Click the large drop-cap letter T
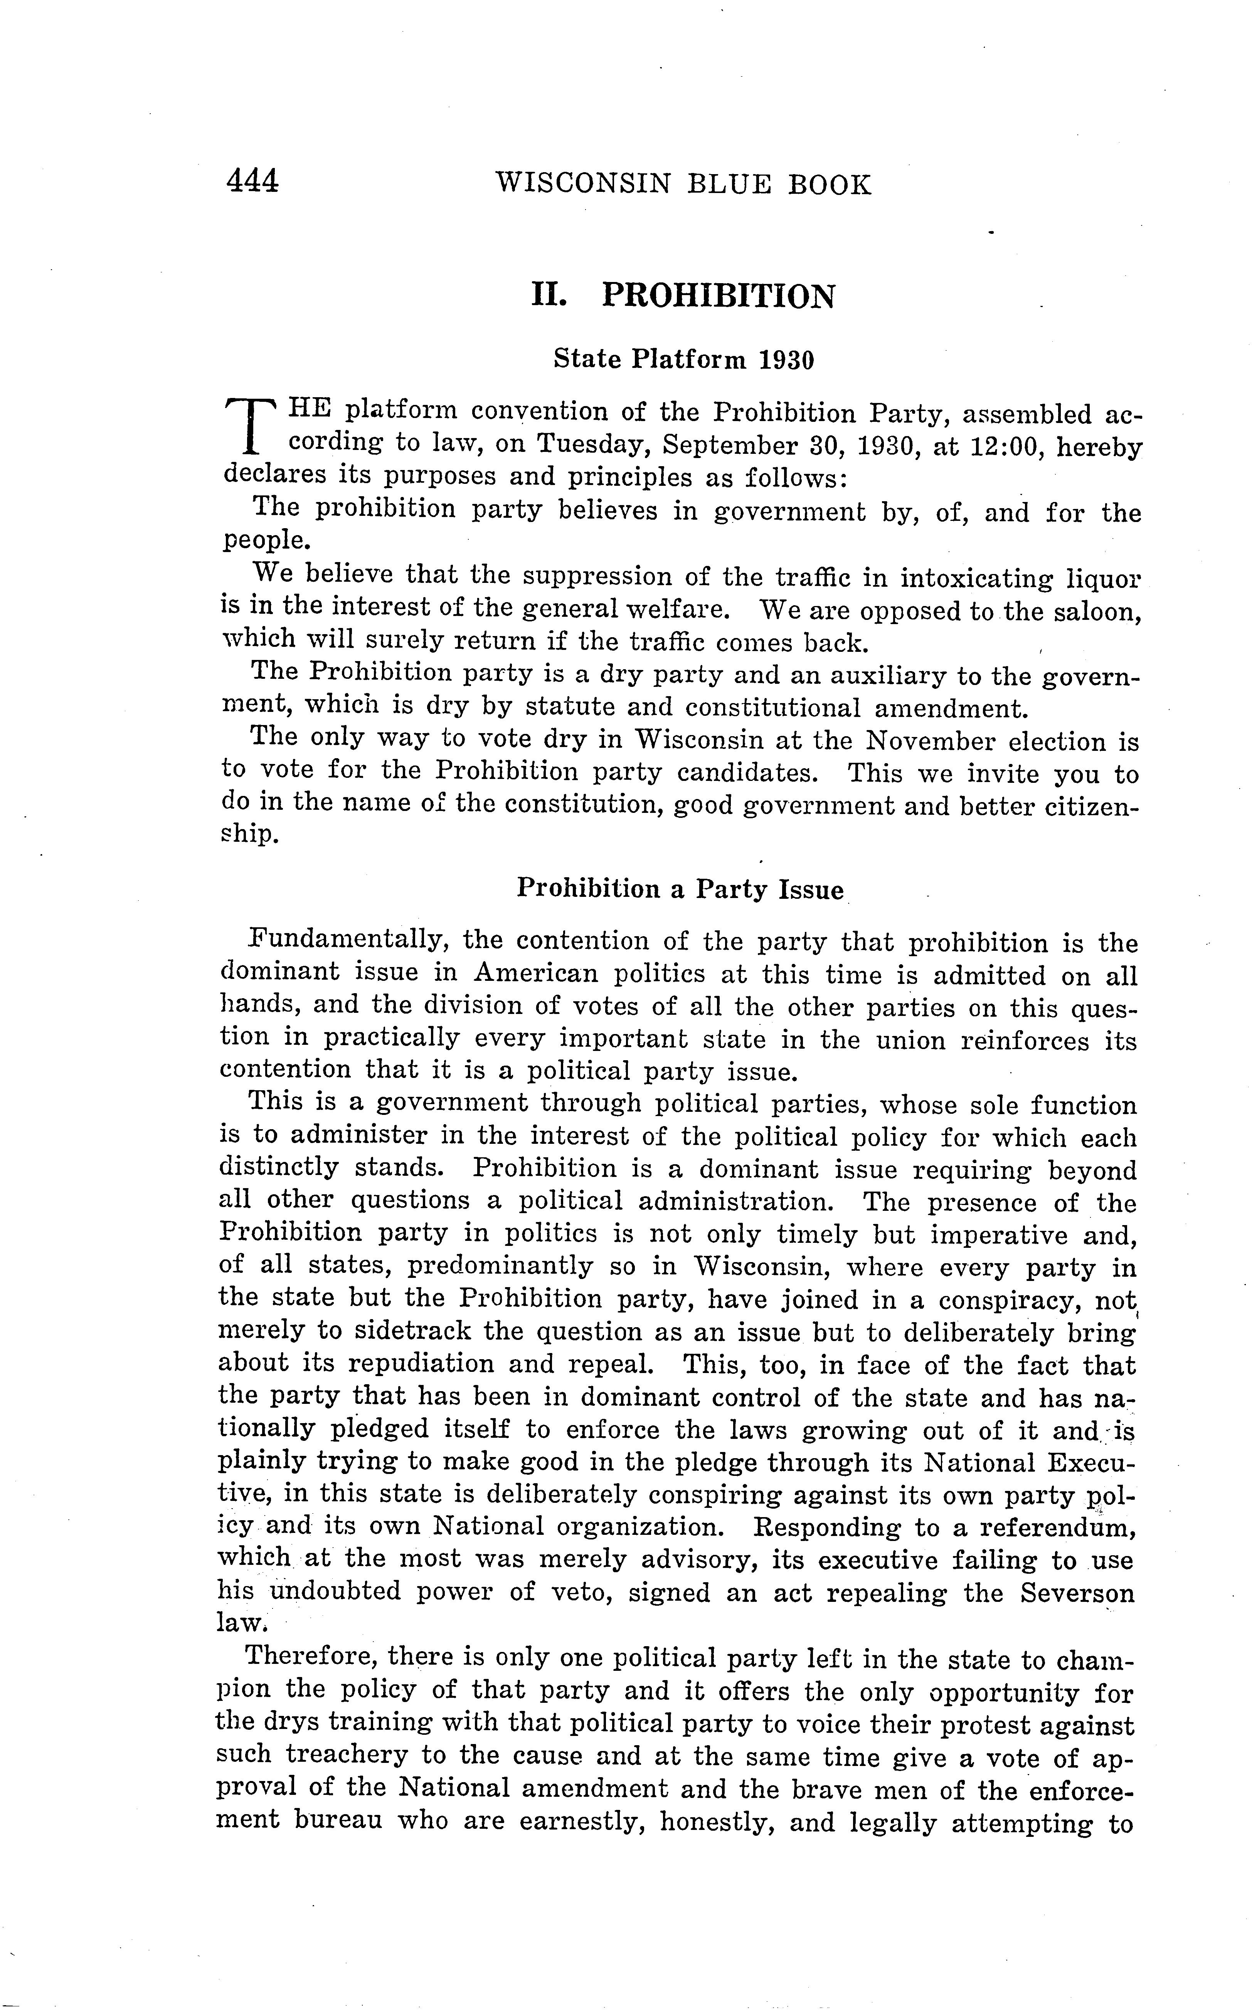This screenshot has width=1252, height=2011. click(250, 426)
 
